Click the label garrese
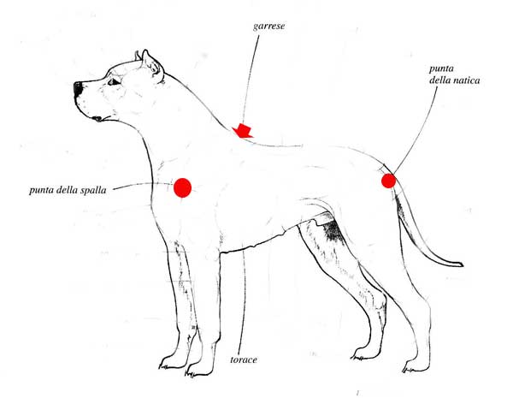268,27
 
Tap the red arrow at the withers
243,131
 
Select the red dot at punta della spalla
182,187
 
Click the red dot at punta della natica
388,181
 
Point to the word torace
244,359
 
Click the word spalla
93,190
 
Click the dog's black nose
78,88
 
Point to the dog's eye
114,81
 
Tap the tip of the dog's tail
463,264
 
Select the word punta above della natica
441,68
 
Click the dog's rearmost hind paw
414,367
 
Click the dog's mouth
98,119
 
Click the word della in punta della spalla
68,190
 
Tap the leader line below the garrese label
249,78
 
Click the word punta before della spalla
42,190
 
